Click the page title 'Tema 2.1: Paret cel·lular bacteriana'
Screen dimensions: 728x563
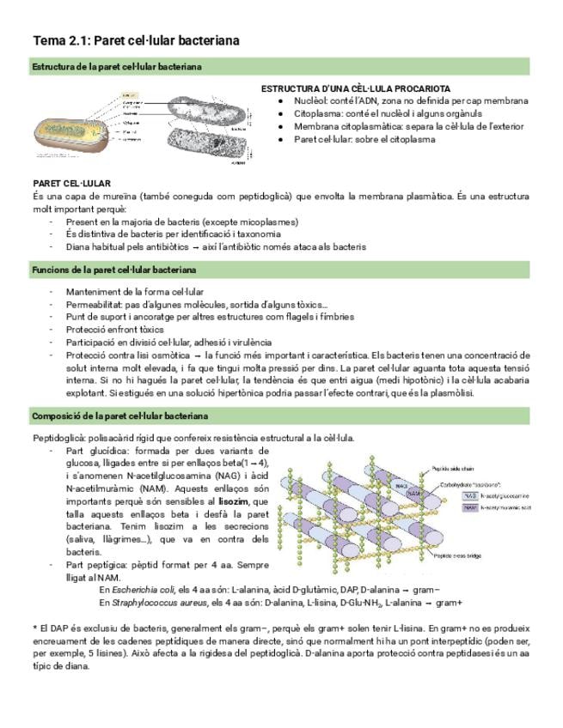coord(136,40)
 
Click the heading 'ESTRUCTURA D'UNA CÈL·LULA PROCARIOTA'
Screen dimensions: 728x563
coord(355,89)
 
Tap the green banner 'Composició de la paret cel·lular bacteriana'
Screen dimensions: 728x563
coord(119,416)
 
